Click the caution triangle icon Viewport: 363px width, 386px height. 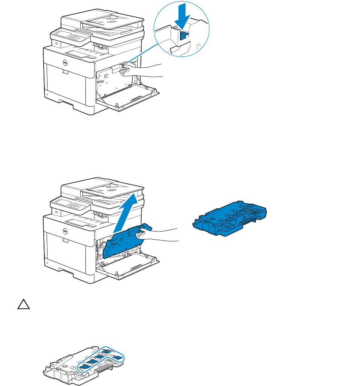[23, 305]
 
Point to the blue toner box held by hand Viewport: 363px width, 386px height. [124, 243]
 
